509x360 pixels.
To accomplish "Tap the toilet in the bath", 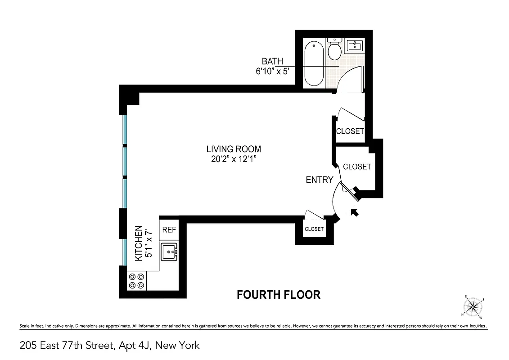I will (x=334, y=49).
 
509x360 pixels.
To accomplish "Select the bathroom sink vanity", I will (x=355, y=45).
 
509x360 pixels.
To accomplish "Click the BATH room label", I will (x=272, y=61).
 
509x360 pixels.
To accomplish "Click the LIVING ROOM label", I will (x=234, y=149).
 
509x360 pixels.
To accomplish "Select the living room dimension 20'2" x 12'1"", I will (x=234, y=159).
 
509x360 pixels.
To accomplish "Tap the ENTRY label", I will (x=319, y=180).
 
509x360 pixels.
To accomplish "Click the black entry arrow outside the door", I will (x=355, y=212).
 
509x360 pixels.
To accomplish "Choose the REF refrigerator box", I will (x=169, y=229).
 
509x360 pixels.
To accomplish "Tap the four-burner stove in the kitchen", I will (x=136, y=281).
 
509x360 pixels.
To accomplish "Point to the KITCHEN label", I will (x=139, y=243).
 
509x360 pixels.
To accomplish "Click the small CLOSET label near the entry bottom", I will (x=314, y=229).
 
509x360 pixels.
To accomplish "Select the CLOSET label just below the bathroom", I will (x=350, y=131).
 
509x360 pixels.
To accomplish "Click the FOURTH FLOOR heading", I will (x=279, y=295).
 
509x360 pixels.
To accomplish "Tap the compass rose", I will (x=472, y=307).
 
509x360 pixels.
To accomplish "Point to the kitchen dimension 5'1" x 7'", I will (x=149, y=243).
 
